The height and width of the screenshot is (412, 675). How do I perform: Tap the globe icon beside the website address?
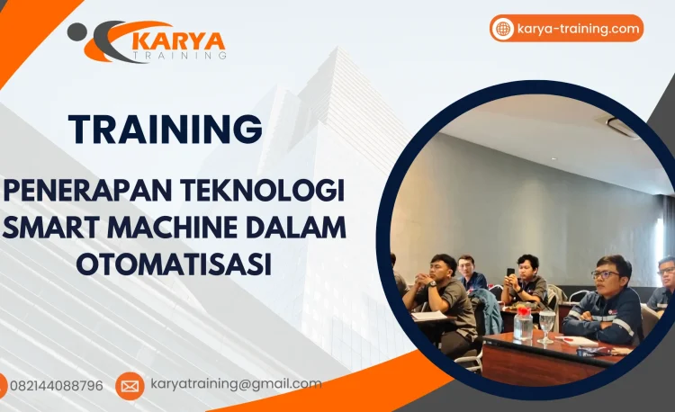click(x=503, y=29)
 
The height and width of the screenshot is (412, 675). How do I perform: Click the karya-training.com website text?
click(x=579, y=28)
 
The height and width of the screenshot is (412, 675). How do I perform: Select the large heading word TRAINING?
click(x=166, y=128)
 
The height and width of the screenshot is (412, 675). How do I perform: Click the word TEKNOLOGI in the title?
click(x=274, y=193)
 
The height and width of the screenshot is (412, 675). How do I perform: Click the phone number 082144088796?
click(x=57, y=385)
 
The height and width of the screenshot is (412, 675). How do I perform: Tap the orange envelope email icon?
click(x=130, y=386)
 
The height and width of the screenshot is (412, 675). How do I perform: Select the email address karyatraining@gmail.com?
click(x=236, y=384)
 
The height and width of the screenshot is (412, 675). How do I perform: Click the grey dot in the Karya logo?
click(x=77, y=31)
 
